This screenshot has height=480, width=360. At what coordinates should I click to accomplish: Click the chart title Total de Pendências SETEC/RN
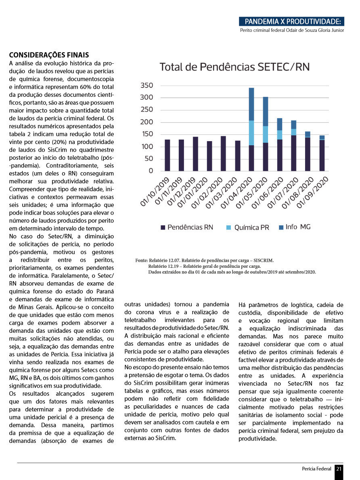click(234, 67)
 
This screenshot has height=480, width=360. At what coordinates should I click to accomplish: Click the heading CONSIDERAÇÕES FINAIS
click(49, 55)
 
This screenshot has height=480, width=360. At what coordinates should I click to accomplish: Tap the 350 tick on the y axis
click(147, 86)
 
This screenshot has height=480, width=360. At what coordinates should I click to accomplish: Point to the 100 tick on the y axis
click(147, 146)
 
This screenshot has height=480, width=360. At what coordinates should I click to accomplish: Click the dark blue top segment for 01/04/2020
click(251, 104)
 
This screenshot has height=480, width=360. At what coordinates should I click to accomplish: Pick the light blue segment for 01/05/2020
click(266, 134)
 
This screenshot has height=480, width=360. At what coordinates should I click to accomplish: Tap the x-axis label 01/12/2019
click(185, 195)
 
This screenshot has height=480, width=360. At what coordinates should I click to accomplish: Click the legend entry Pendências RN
click(186, 227)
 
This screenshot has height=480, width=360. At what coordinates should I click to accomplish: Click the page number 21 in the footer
click(339, 469)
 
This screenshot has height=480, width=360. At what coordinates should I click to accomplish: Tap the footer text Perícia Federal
click(316, 469)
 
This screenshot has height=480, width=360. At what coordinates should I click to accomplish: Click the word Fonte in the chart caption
click(142, 261)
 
